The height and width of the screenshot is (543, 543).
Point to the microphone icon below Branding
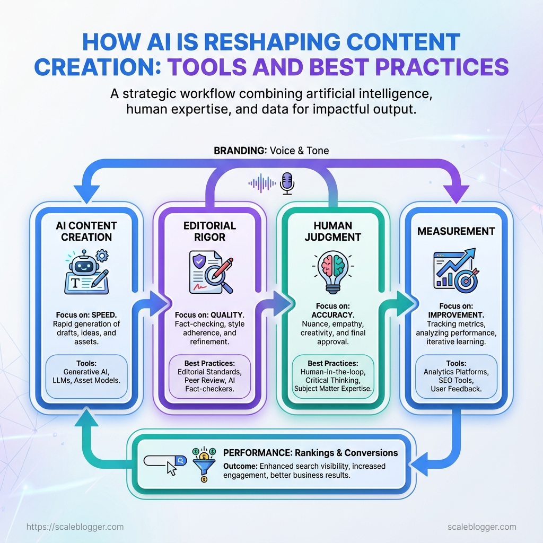pos(287,182)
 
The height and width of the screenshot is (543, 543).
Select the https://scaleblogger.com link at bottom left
pos(75,527)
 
